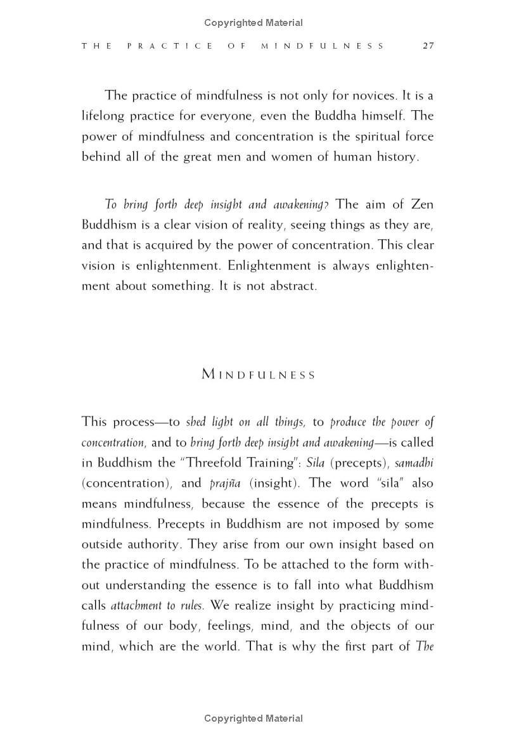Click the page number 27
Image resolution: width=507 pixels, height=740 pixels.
(427, 46)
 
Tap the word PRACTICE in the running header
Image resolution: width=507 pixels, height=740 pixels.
(166, 46)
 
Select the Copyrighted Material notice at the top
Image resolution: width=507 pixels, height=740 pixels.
(253, 23)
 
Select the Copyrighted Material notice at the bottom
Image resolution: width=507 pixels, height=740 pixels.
(253, 718)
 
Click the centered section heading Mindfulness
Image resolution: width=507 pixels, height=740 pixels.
(258, 375)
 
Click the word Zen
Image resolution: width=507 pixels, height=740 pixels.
(421, 204)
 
